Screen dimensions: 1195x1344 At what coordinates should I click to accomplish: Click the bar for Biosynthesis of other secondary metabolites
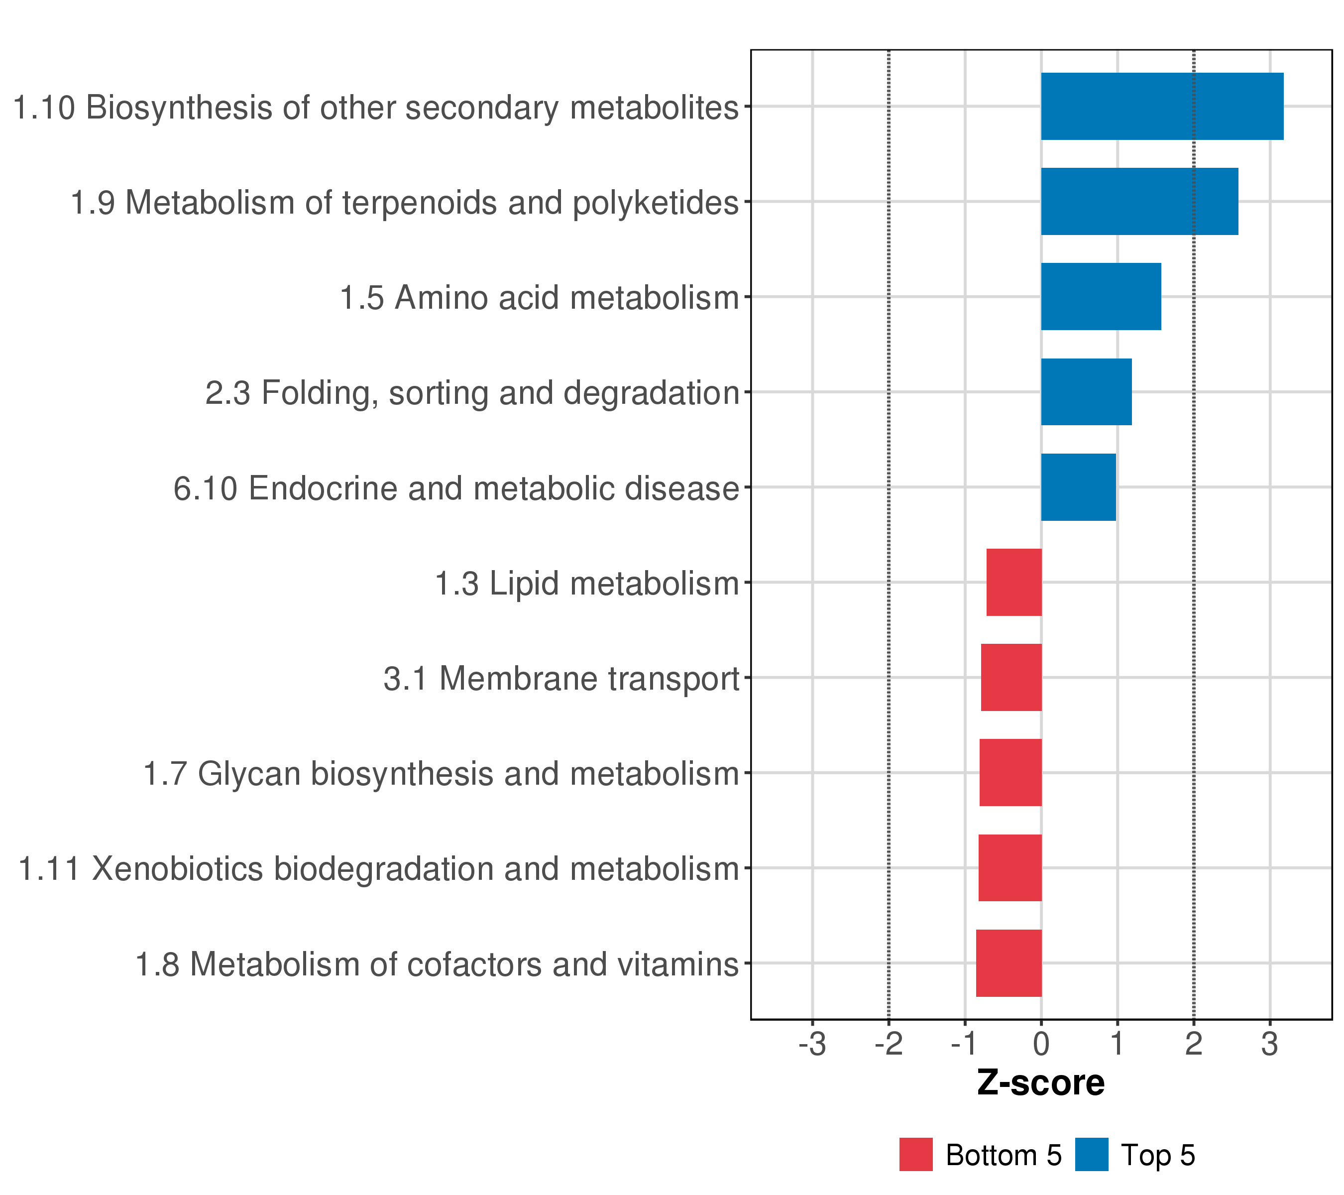(x=1161, y=106)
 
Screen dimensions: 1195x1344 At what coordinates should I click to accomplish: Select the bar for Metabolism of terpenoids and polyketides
(x=1139, y=201)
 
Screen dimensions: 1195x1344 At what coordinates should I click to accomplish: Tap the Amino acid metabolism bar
(x=1100, y=297)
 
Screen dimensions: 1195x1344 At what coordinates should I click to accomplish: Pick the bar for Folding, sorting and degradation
(x=1086, y=392)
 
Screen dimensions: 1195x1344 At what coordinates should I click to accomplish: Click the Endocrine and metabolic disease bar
(x=1078, y=487)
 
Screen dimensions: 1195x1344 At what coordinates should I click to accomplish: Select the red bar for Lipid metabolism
(x=1013, y=582)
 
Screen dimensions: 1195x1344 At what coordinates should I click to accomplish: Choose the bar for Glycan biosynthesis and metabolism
(x=1010, y=773)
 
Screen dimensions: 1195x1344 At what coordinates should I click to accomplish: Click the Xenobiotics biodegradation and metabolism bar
(x=1009, y=867)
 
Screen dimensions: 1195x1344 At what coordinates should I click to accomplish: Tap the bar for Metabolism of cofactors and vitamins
(x=1008, y=963)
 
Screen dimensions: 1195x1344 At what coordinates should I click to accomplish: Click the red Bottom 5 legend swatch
(x=915, y=1154)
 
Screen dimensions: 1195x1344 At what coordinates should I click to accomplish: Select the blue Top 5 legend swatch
(x=1092, y=1154)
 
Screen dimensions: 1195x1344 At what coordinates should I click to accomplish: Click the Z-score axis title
(x=1040, y=1083)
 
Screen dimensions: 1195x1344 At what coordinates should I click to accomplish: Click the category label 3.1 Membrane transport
(x=561, y=679)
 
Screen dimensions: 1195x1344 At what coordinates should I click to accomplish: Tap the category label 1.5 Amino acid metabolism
(x=539, y=298)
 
